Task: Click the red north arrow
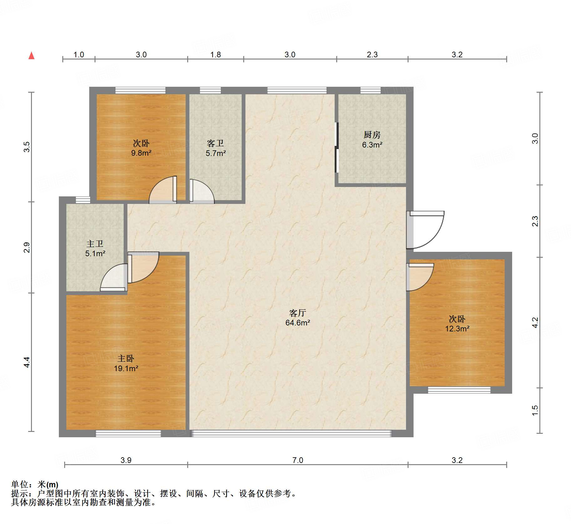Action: click(x=31, y=56)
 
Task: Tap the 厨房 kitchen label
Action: click(x=372, y=135)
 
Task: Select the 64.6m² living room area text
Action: click(x=298, y=323)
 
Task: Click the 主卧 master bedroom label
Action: click(x=126, y=359)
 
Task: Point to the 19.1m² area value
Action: click(x=126, y=368)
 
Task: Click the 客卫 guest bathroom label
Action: click(x=215, y=143)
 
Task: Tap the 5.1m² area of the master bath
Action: click(x=95, y=253)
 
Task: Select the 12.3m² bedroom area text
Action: click(x=457, y=329)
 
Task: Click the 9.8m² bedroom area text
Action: click(x=141, y=153)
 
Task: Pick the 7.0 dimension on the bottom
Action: click(x=298, y=460)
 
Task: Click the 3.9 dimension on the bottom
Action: click(x=126, y=460)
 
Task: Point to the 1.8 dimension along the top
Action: click(x=215, y=55)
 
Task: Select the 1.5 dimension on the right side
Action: click(x=535, y=410)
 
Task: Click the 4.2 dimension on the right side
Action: click(x=535, y=323)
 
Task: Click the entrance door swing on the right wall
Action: click(x=425, y=230)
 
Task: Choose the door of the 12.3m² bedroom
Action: click(x=420, y=277)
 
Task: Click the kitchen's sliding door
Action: click(x=337, y=147)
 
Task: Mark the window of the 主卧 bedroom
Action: click(x=128, y=433)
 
